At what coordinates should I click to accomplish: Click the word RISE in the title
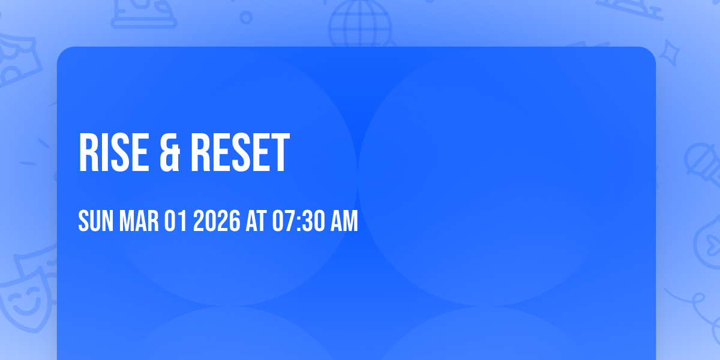(113, 154)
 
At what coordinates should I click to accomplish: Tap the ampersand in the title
(169, 154)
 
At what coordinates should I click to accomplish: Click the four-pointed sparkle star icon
(673, 52)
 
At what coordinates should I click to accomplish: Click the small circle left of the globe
(246, 17)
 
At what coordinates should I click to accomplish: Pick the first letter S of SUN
(83, 222)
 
